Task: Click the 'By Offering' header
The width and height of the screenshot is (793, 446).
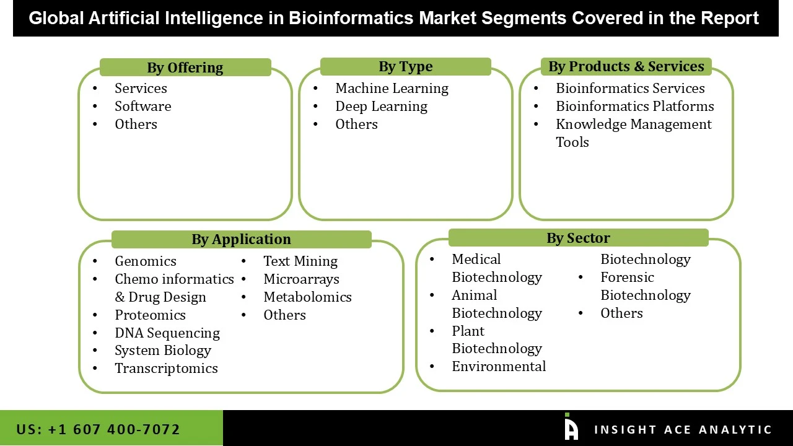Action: [185, 68]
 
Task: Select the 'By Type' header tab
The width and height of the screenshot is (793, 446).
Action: [406, 66]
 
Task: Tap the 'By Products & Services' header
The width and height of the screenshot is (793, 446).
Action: [626, 66]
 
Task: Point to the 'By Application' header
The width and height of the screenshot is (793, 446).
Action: [241, 239]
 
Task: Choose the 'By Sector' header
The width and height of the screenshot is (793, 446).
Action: [578, 238]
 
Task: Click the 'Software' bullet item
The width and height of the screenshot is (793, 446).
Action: [142, 107]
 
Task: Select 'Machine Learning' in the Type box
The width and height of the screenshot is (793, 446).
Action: [392, 89]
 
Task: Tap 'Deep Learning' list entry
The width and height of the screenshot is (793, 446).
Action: [381, 107]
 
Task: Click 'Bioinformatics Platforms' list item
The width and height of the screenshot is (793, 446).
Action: [634, 107]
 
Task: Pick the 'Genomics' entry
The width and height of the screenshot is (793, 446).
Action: [146, 261]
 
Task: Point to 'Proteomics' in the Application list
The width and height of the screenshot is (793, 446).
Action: [150, 315]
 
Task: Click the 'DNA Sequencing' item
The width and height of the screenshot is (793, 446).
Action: [167, 333]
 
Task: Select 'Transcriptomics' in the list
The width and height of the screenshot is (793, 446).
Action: [166, 369]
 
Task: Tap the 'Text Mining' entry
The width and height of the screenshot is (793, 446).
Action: [300, 261]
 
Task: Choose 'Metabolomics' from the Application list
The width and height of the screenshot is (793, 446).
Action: [307, 297]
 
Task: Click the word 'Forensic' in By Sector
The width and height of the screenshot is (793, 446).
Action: [627, 278]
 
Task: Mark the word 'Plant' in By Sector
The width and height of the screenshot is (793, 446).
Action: [468, 331]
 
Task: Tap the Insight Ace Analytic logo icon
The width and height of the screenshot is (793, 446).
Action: [571, 427]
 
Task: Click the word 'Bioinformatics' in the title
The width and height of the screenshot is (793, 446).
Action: [352, 18]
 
